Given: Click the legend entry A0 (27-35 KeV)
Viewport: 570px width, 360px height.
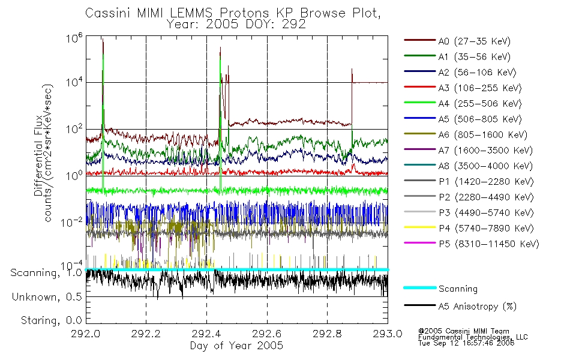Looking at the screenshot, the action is pyautogui.click(x=457, y=41).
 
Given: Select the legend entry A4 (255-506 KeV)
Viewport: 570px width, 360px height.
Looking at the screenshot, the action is pyautogui.click(x=463, y=104).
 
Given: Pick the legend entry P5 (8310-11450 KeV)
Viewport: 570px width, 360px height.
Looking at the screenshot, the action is pyautogui.click(x=472, y=244).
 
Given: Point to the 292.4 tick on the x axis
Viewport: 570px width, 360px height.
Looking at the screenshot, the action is pyautogui.click(x=206, y=334).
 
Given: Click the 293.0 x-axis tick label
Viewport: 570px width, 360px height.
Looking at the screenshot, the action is pyautogui.click(x=388, y=334).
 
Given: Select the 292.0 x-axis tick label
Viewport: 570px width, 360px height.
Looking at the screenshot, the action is pyautogui.click(x=85, y=334).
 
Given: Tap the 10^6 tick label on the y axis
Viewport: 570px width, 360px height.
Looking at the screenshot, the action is pyautogui.click(x=74, y=38).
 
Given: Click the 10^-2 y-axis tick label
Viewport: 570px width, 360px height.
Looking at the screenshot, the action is pyautogui.click(x=72, y=222).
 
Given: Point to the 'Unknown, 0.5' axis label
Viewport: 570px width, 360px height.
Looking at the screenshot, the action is pyautogui.click(x=47, y=297).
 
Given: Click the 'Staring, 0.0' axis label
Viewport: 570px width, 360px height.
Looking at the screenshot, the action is pyautogui.click(x=51, y=320).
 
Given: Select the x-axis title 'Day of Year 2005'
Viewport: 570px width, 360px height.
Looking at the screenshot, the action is pyautogui.click(x=236, y=346).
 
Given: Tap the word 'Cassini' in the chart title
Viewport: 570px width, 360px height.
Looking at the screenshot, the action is pyautogui.click(x=109, y=13).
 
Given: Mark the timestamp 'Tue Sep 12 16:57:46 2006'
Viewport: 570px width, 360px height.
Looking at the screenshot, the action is pyautogui.click(x=466, y=343).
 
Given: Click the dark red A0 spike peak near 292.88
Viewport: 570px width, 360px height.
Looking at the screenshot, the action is pyautogui.click(x=352, y=69).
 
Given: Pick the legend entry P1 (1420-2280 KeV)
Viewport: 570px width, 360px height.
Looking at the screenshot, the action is pyautogui.click(x=469, y=181).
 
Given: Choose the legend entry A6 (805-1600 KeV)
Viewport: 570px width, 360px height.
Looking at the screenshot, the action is pyautogui.click(x=466, y=135).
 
